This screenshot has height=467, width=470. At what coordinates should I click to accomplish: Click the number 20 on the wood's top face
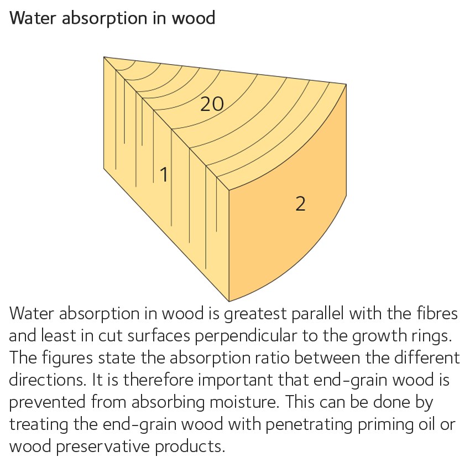click(x=212, y=103)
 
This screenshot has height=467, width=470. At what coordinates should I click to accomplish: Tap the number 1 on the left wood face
click(x=164, y=175)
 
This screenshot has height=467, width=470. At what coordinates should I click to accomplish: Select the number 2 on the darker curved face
click(x=300, y=204)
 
